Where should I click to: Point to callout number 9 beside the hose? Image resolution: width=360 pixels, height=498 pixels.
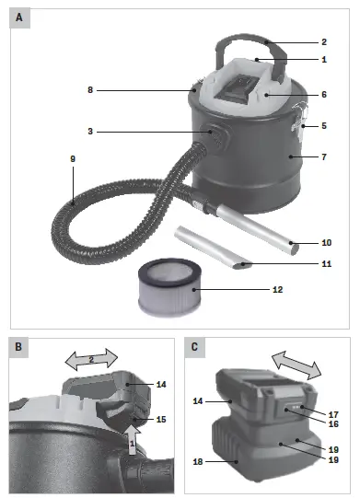[72, 158]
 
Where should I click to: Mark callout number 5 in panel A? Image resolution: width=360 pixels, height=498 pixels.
[323, 125]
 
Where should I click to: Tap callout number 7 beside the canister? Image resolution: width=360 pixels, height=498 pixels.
[323, 157]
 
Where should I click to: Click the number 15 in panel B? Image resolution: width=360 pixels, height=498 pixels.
[161, 420]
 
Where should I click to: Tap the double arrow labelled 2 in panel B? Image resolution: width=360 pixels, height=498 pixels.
[90, 356]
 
